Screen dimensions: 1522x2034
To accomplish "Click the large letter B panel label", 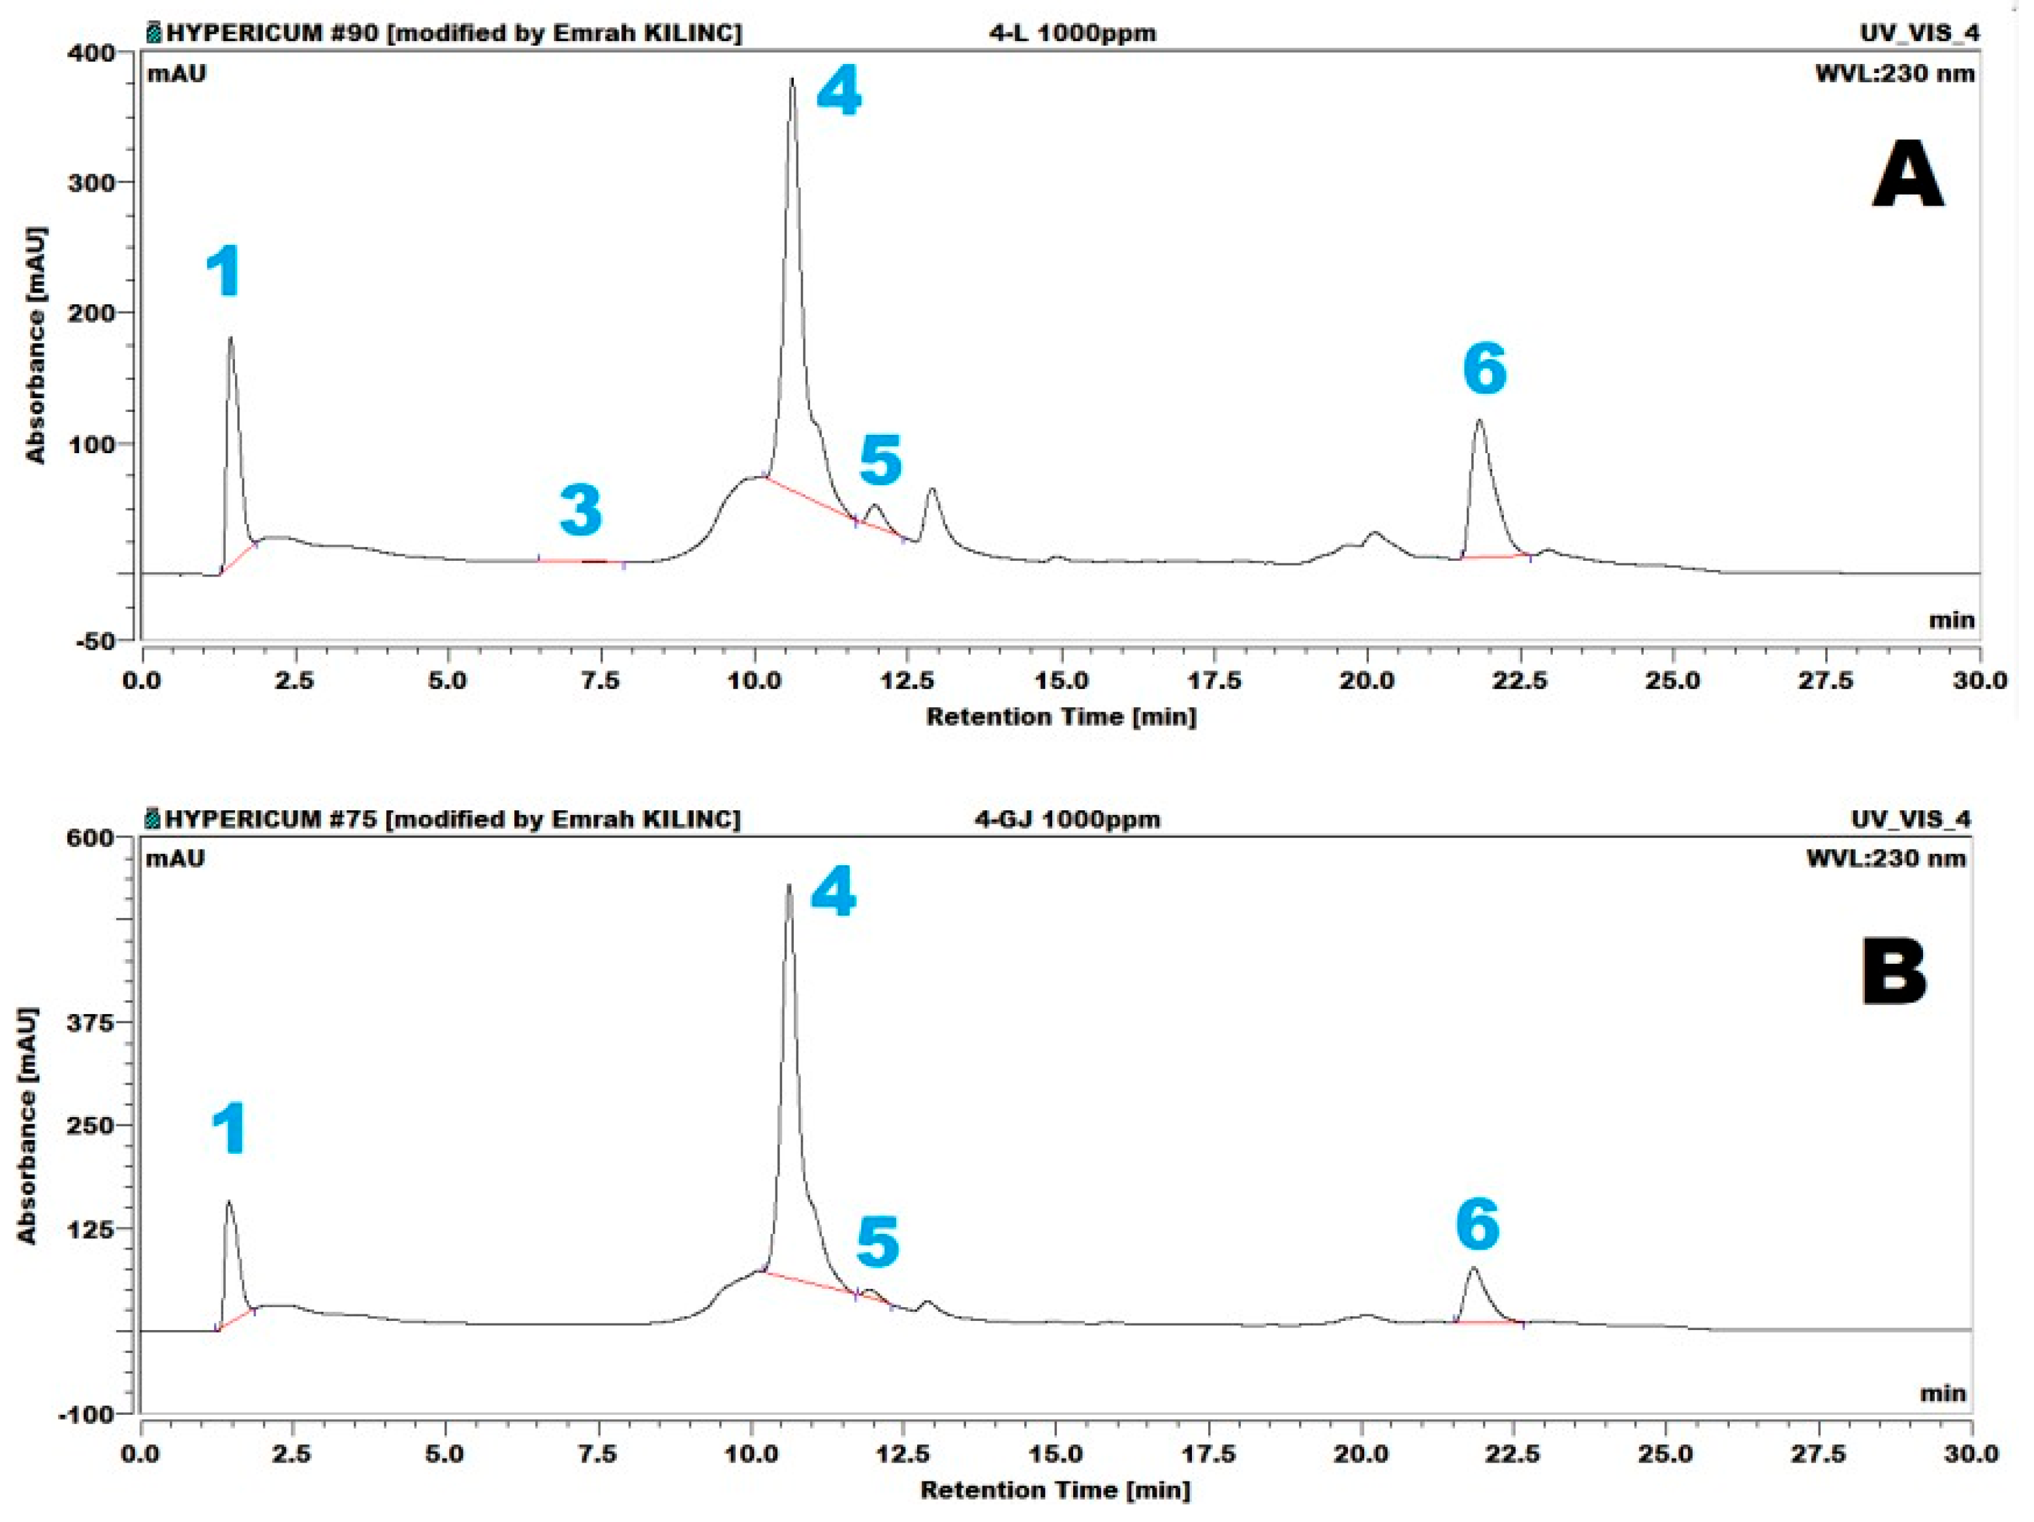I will pyautogui.click(x=1894, y=973).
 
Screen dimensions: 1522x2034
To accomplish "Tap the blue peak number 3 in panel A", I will pyautogui.click(x=581, y=511).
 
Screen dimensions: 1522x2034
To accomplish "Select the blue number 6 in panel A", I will pyautogui.click(x=1485, y=370).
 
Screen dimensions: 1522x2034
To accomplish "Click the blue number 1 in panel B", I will pyautogui.click(x=229, y=1130).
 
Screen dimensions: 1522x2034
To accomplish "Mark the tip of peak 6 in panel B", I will pyautogui.click(x=1473, y=1268).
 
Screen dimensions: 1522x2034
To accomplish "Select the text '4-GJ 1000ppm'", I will pyautogui.click(x=1067, y=819).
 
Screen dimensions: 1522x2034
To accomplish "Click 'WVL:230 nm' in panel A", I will pyautogui.click(x=1894, y=74).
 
